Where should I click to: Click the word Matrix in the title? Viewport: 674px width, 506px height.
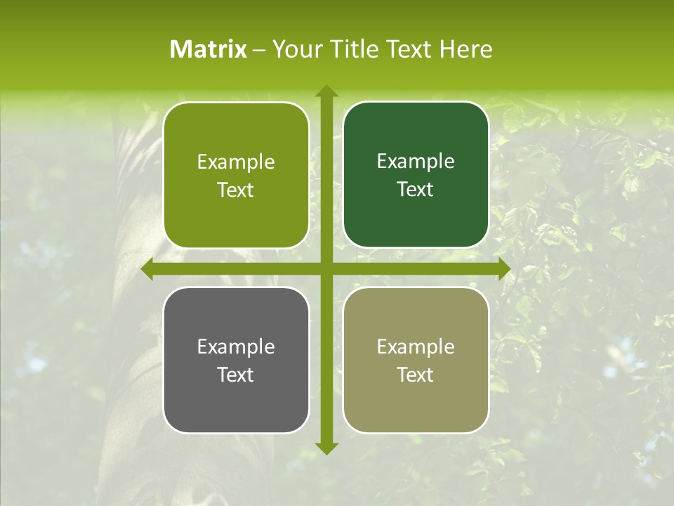click(209, 49)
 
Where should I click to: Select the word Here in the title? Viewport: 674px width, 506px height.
click(466, 49)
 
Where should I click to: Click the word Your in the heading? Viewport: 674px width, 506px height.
click(294, 49)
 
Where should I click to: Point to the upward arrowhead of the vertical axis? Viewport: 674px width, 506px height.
click(326, 91)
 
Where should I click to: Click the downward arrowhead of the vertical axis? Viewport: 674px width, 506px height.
click(326, 448)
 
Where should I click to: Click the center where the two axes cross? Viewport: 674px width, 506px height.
click(326, 269)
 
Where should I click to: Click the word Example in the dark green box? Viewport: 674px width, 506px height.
click(416, 162)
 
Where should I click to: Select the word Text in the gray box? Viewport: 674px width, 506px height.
click(236, 375)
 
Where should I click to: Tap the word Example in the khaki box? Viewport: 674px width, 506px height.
click(416, 346)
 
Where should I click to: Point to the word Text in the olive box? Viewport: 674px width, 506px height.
click(236, 190)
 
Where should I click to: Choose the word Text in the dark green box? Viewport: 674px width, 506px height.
click(416, 190)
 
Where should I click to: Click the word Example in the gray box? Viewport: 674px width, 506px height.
click(236, 346)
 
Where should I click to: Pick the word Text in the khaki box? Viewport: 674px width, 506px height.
click(416, 375)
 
